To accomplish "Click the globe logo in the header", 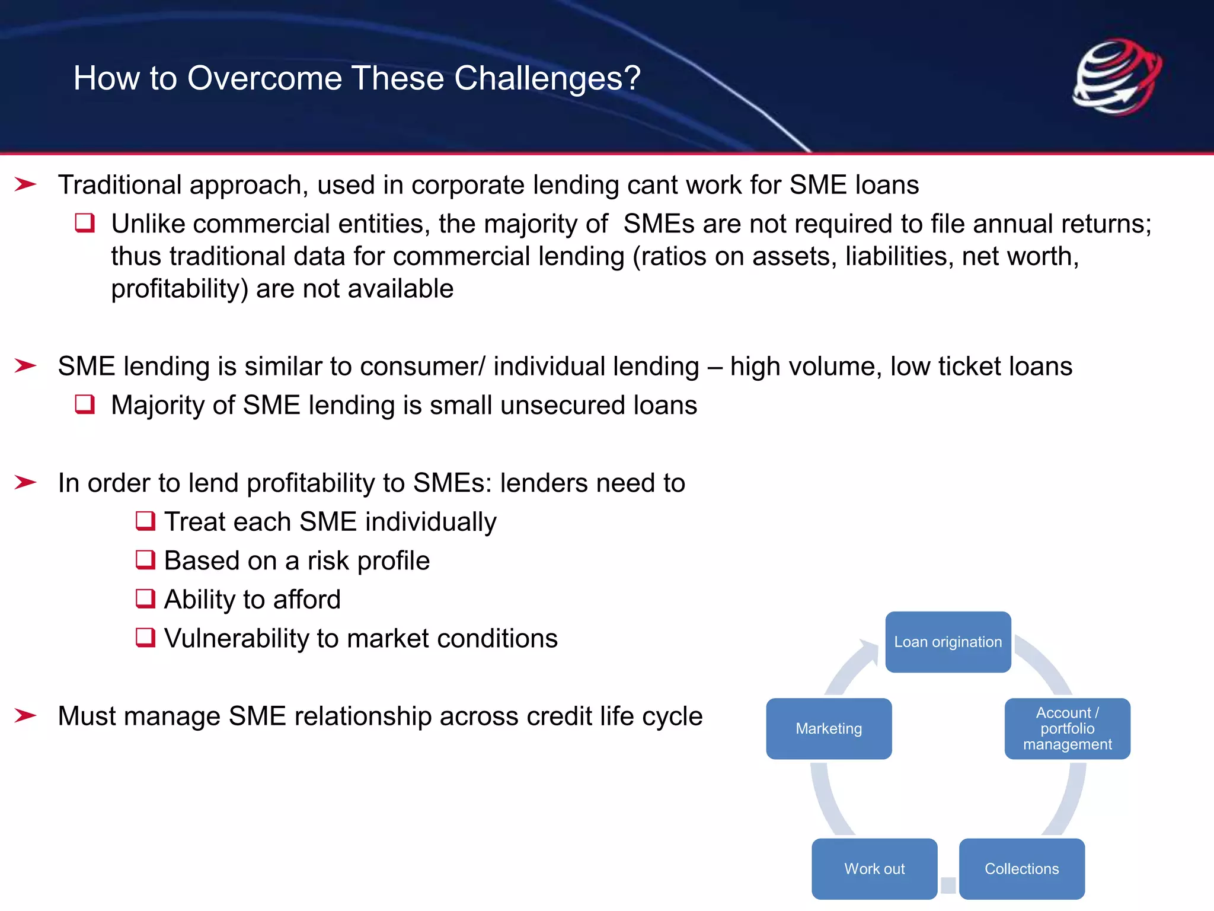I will tap(1117, 77).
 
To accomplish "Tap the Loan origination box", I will tap(948, 642).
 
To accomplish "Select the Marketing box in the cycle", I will tap(829, 729).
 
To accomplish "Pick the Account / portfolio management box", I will tap(1067, 729).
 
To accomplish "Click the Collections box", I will tap(1021, 869).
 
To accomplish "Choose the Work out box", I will tap(874, 869).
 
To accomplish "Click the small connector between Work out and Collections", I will tap(948, 885).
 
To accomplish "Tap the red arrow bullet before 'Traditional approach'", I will tap(25, 184).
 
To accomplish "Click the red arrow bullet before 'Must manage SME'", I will tap(25, 716).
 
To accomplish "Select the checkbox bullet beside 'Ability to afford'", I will tap(145, 599).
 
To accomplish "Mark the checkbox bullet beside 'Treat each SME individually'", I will tap(145, 521).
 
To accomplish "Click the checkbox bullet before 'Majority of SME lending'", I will tap(85, 404).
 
